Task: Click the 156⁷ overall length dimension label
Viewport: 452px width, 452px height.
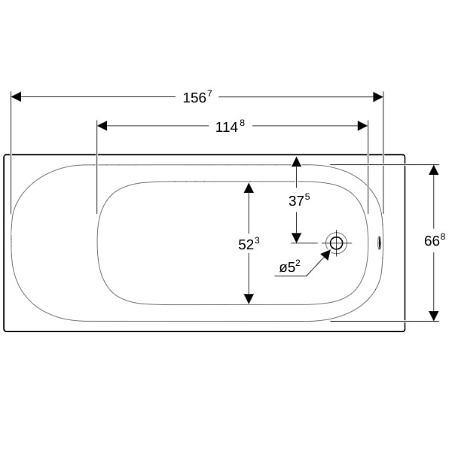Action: [x=197, y=97]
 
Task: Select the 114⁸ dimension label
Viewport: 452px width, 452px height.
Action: [x=230, y=127]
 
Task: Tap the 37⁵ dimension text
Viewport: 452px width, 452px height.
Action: [x=299, y=200]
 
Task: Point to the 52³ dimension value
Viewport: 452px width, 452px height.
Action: [x=249, y=244]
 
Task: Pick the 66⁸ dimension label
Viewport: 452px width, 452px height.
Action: [x=435, y=240]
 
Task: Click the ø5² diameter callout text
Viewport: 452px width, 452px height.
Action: [x=290, y=267]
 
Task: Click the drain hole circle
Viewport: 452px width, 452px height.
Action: [x=337, y=243]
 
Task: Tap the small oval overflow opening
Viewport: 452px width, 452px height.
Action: [x=380, y=243]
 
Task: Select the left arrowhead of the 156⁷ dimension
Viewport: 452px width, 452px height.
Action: [x=16, y=97]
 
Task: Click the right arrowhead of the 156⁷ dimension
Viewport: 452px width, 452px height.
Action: [x=378, y=97]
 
